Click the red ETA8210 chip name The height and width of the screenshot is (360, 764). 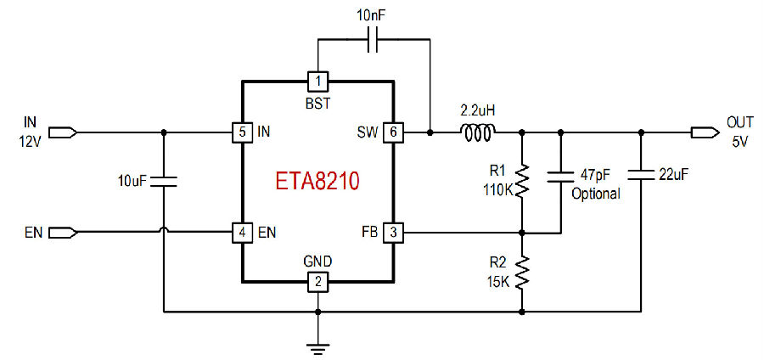pyautogui.click(x=317, y=181)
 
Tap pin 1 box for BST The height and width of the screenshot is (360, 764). pyautogui.click(x=317, y=81)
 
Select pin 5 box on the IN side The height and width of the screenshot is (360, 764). pyautogui.click(x=243, y=132)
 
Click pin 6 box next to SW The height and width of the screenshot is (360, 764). pyautogui.click(x=394, y=132)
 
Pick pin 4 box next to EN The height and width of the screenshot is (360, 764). pyautogui.click(x=243, y=233)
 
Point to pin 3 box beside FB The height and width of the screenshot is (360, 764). pyautogui.click(x=394, y=233)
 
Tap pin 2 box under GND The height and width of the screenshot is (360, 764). pyautogui.click(x=317, y=282)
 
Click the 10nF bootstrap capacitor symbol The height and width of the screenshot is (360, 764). pyautogui.click(x=374, y=40)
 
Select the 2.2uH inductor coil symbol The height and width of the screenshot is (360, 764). pyautogui.click(x=479, y=132)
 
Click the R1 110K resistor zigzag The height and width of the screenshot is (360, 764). pyautogui.click(x=522, y=181)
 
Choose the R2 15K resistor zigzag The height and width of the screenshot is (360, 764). pyautogui.click(x=522, y=272)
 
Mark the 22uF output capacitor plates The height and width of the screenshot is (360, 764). pyautogui.click(x=641, y=174)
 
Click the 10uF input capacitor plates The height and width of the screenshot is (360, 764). pyautogui.click(x=163, y=182)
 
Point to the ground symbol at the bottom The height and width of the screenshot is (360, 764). pyautogui.click(x=317, y=347)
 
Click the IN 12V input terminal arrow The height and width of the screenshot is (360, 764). pyautogui.click(x=63, y=132)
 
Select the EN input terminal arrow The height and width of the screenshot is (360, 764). pyautogui.click(x=63, y=233)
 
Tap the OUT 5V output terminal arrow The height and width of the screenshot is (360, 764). pyautogui.click(x=705, y=132)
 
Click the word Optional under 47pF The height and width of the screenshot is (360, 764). pyautogui.click(x=596, y=194)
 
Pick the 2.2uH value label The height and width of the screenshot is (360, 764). pyautogui.click(x=478, y=110)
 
